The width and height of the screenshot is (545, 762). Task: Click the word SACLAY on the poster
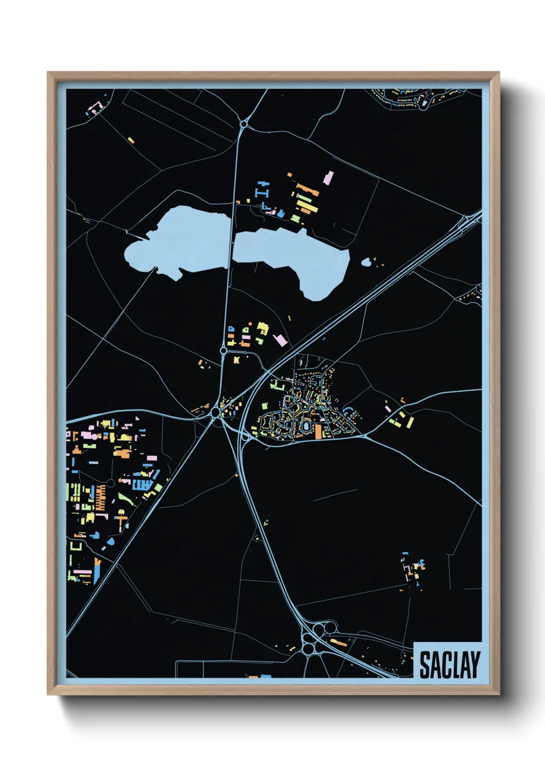(x=449, y=665)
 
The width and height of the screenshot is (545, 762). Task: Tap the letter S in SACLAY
(x=425, y=665)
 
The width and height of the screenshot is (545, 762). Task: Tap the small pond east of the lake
(x=366, y=263)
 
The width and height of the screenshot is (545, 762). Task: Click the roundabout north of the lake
(x=243, y=124)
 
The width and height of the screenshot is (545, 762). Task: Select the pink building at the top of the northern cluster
(x=328, y=178)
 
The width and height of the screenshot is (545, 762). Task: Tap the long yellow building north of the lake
(x=305, y=206)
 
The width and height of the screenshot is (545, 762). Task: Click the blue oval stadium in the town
(x=307, y=426)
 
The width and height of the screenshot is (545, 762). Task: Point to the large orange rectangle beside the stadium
(x=318, y=431)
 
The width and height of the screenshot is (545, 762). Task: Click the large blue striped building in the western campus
(x=142, y=484)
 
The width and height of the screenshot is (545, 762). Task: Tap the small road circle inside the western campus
(x=110, y=483)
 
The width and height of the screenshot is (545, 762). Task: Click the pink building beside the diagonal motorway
(x=280, y=339)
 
